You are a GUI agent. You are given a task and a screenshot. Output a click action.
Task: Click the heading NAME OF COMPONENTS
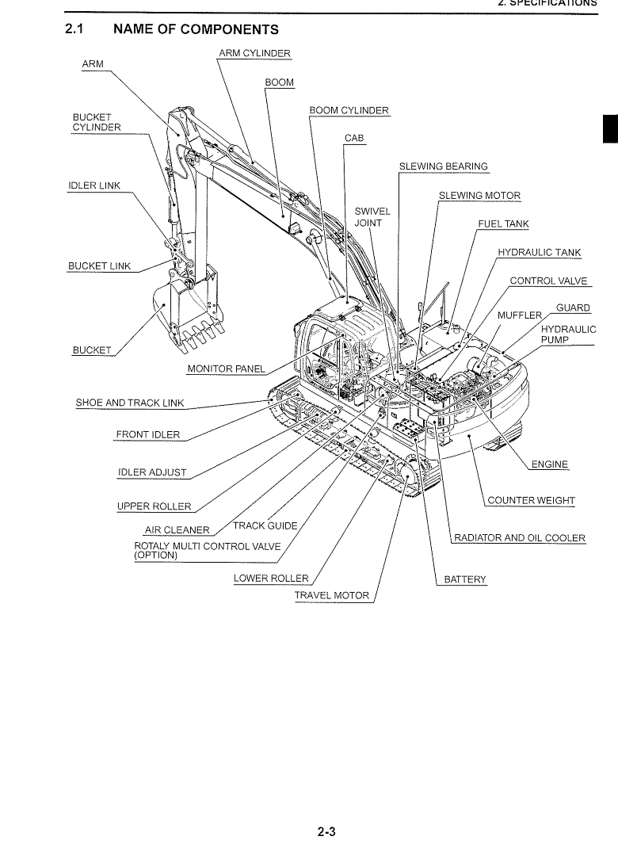(196, 30)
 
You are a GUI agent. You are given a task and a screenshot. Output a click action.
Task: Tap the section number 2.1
(75, 30)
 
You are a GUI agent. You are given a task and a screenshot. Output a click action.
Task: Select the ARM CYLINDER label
(254, 54)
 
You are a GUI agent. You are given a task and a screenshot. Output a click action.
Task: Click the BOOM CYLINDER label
(349, 110)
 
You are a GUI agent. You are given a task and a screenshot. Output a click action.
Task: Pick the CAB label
(354, 138)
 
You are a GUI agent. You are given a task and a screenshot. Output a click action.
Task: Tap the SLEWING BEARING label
(444, 166)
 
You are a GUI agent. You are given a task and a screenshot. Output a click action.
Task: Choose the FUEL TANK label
(503, 224)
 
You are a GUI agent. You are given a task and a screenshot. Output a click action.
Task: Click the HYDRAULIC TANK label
(539, 253)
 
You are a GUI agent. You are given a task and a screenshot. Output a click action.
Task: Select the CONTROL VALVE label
(549, 281)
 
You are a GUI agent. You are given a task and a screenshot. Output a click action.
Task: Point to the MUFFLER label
(518, 315)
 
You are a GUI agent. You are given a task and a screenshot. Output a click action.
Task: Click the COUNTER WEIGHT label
(531, 500)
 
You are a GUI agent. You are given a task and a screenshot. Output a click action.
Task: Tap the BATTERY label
(464, 579)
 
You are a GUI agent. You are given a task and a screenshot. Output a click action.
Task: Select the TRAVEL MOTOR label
(331, 595)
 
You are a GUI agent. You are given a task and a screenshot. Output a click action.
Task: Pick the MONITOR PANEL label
(226, 369)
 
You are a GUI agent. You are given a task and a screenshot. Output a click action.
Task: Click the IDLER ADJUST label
(152, 473)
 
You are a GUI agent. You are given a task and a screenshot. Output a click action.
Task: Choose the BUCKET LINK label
(100, 265)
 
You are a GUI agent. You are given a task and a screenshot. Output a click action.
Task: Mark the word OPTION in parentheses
(156, 555)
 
